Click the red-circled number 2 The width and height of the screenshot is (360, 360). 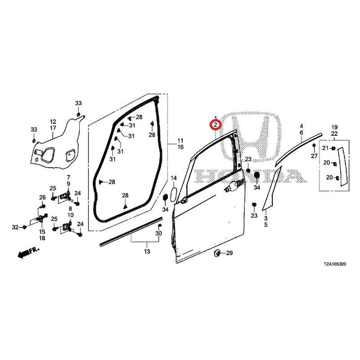point(216,125)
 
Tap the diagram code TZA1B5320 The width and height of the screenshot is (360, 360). point(335,264)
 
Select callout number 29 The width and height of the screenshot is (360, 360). point(229,253)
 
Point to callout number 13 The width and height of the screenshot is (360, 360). point(147,252)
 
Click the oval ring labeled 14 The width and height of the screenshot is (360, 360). point(174,195)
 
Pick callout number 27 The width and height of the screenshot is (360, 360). point(314,156)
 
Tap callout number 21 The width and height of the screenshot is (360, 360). point(325,148)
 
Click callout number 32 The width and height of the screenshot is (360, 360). point(15,227)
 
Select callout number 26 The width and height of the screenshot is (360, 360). point(42,197)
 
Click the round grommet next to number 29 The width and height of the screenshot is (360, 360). point(217,253)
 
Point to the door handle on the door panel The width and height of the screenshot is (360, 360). point(232,186)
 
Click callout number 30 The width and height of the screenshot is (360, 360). point(159,234)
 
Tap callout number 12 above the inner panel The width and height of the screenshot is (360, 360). point(53,121)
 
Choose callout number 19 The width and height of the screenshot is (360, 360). point(334,127)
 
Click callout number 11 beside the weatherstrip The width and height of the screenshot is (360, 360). point(180,140)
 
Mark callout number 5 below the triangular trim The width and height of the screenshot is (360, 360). point(265,225)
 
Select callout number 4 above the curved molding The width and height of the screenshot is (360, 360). point(301,126)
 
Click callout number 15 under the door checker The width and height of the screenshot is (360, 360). point(42,232)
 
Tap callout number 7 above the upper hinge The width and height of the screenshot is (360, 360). point(68,177)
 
